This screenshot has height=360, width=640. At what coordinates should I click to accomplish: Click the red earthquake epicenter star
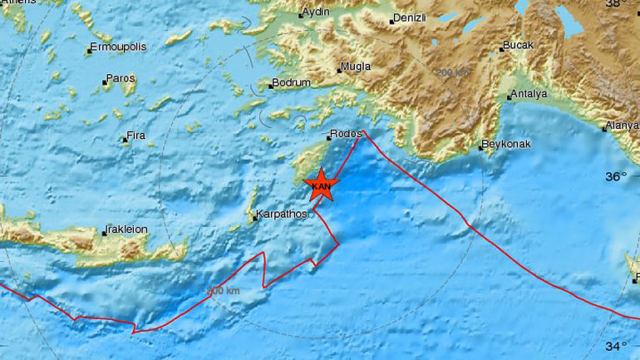click(321, 185)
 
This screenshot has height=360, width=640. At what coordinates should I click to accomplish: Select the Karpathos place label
click(282, 214)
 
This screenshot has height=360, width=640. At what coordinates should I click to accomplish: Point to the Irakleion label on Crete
click(126, 230)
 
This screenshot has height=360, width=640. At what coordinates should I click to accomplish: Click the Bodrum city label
click(293, 83)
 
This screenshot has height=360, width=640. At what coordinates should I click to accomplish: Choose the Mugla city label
click(357, 68)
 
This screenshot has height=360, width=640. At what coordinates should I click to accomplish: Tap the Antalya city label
click(530, 94)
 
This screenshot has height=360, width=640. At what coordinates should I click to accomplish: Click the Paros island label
click(121, 79)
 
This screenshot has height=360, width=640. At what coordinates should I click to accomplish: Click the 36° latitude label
click(616, 176)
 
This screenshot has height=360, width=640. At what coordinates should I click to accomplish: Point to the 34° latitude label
click(616, 345)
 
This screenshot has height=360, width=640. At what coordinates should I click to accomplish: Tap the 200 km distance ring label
click(451, 72)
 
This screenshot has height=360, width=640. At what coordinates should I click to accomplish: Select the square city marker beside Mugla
click(339, 69)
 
